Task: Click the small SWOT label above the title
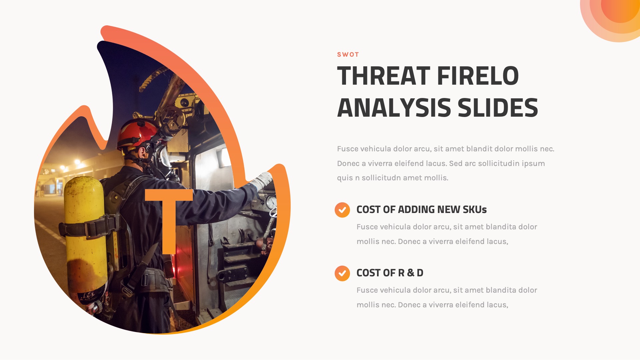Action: pos(348,55)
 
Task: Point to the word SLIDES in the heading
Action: pos(498,108)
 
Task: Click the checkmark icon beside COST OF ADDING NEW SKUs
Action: pos(342,210)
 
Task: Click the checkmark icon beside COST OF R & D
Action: pos(342,273)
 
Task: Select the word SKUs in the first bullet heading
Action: pos(475,210)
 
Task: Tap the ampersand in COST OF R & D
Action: pos(410,273)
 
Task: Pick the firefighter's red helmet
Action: pos(137,133)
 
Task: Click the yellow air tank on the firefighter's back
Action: pos(85,233)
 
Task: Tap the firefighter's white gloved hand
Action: pos(262,180)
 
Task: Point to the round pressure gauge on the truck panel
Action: pos(271,202)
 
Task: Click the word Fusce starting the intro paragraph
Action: pos(347,149)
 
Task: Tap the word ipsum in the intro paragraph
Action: pos(533,164)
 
